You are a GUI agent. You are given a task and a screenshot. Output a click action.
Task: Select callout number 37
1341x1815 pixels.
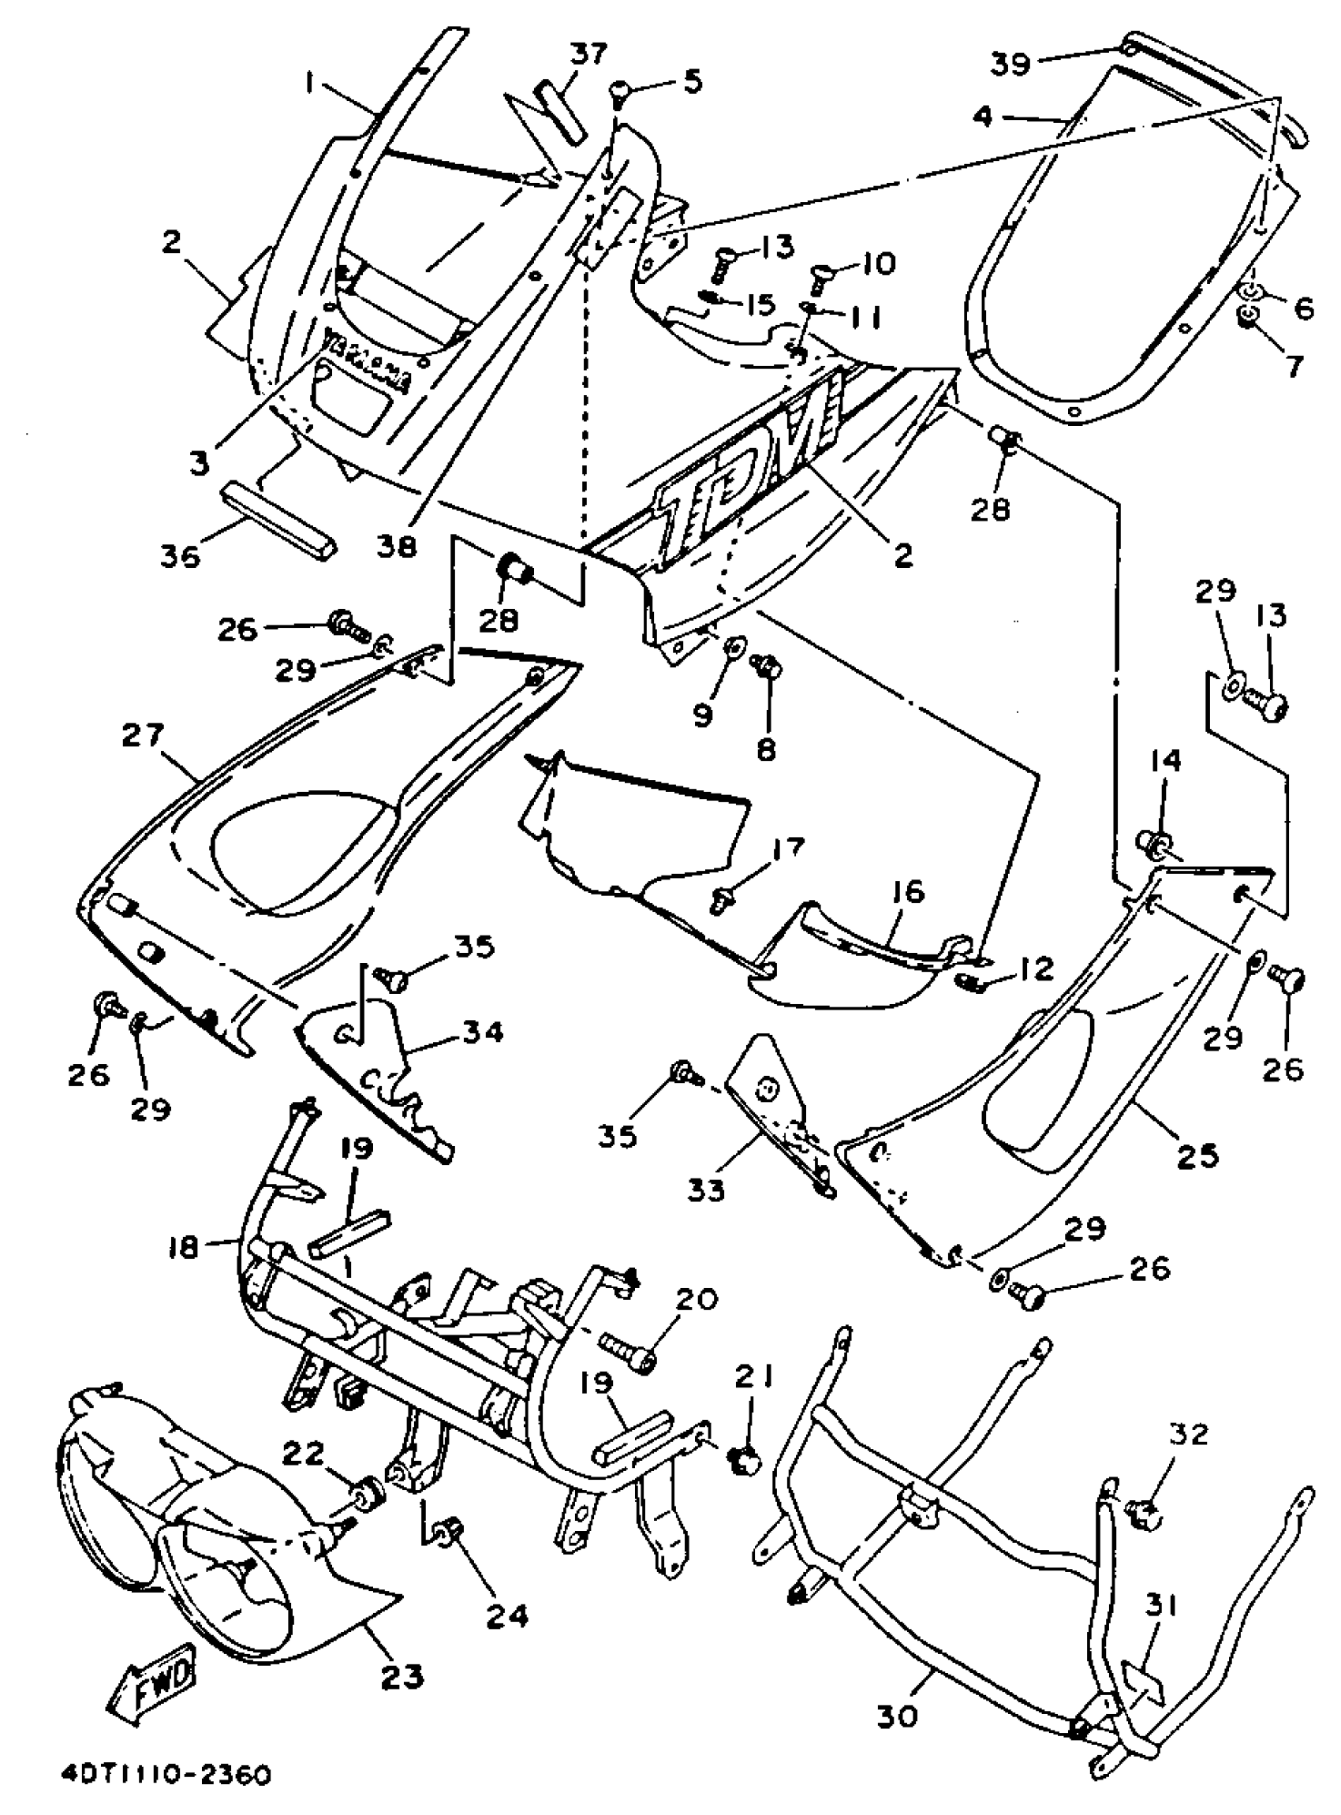click(x=588, y=55)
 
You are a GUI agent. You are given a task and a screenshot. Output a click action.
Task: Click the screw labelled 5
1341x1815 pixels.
click(x=622, y=91)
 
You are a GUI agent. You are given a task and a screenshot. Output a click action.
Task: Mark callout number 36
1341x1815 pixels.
click(x=180, y=556)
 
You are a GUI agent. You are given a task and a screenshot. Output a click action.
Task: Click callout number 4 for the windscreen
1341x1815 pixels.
click(x=983, y=117)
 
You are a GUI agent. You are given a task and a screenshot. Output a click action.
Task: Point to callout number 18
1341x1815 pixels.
click(x=184, y=1248)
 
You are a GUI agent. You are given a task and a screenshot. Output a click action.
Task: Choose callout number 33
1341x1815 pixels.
click(x=705, y=1190)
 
